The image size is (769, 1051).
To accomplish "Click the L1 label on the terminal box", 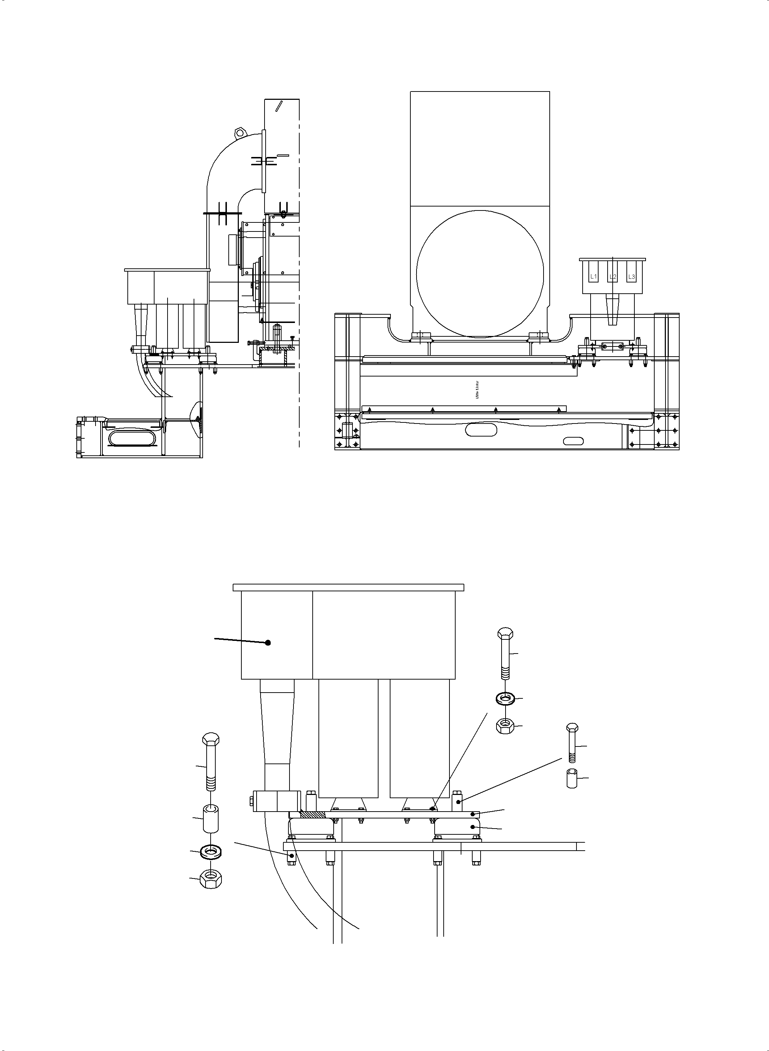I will pos(593,277).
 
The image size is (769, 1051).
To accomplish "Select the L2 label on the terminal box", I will pos(613,277).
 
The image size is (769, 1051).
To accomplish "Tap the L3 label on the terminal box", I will pos(631,277).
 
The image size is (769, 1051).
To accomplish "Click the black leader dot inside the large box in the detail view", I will pos(268,643).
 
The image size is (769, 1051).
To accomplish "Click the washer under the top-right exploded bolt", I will pos(504,698).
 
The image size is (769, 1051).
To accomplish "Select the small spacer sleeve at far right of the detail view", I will pos(572,779).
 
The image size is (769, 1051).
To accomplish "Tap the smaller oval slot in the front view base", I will pos(574,441).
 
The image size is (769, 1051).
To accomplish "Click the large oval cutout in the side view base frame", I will pos(130,437).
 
